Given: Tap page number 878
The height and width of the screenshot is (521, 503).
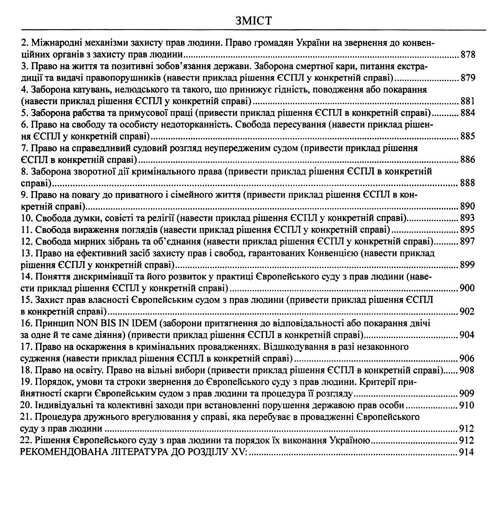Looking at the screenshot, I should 467,55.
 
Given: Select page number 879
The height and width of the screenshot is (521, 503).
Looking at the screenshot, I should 467,78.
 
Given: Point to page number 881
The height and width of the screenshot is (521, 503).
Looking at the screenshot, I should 467,101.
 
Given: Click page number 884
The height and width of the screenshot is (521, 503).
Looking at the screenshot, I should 467,113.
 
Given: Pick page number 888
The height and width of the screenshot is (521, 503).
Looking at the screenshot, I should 467,183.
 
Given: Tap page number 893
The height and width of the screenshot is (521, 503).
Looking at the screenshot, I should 467,218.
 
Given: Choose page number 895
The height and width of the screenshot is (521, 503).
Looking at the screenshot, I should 467,230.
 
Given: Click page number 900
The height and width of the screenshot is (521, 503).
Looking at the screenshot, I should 467,288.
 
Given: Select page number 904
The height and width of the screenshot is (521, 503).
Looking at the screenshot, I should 467,335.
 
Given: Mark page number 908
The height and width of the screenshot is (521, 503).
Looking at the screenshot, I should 467,370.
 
